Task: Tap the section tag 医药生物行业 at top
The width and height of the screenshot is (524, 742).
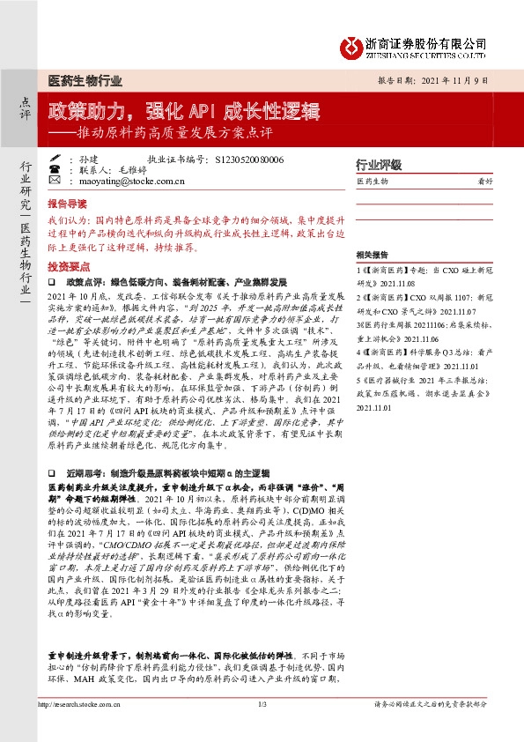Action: pyautogui.click(x=85, y=79)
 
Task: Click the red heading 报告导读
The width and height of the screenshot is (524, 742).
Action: pyautogui.click(x=69, y=202)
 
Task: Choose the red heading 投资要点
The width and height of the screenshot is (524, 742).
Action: pyautogui.click(x=69, y=265)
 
